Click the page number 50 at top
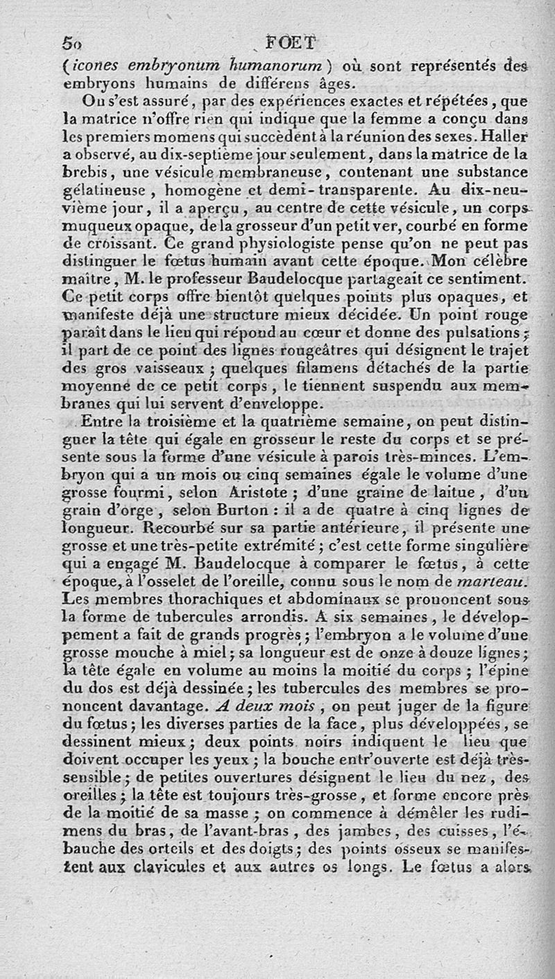point(71,42)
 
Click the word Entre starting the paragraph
point(101,421)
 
